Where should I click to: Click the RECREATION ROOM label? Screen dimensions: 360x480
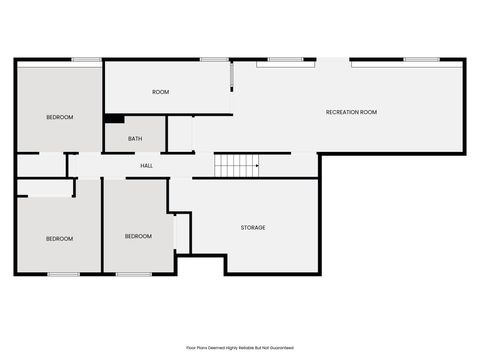pyautogui.click(x=351, y=112)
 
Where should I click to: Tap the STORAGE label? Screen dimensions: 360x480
pyautogui.click(x=253, y=228)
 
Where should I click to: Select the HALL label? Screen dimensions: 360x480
pyautogui.click(x=146, y=165)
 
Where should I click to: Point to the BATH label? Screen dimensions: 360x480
pyautogui.click(x=134, y=139)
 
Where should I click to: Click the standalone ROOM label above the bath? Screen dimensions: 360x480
pyautogui.click(x=160, y=92)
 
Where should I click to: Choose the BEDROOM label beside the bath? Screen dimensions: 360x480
pyautogui.click(x=59, y=117)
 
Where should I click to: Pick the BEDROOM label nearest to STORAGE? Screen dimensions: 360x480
pyautogui.click(x=138, y=236)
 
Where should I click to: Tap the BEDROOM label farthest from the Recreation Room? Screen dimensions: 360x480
pyautogui.click(x=59, y=238)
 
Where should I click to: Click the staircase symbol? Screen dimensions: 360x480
pyautogui.click(x=237, y=164)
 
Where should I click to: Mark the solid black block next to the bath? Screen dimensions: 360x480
pyautogui.click(x=114, y=118)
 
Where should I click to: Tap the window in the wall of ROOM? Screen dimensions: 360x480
pyautogui.click(x=213, y=60)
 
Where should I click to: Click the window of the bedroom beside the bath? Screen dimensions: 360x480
pyautogui.click(x=85, y=60)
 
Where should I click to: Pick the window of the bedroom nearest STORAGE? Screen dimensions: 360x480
pyautogui.click(x=133, y=274)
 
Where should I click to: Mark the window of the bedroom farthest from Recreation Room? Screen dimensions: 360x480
pyautogui.click(x=63, y=274)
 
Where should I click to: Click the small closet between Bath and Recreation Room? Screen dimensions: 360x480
pyautogui.click(x=179, y=134)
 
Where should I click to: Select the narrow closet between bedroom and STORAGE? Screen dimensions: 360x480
pyautogui.click(x=181, y=232)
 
